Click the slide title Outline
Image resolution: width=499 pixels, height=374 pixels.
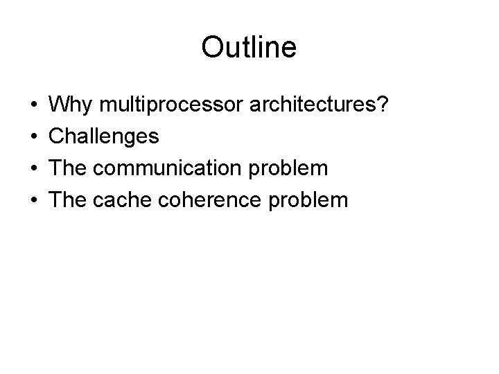249,48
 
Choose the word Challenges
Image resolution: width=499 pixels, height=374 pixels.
105,136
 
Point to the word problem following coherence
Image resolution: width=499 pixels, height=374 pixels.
308,200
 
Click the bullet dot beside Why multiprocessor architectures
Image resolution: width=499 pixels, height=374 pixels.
34,106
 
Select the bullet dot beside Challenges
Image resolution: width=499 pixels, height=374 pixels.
34,137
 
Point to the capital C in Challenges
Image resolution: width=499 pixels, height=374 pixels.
59,136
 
